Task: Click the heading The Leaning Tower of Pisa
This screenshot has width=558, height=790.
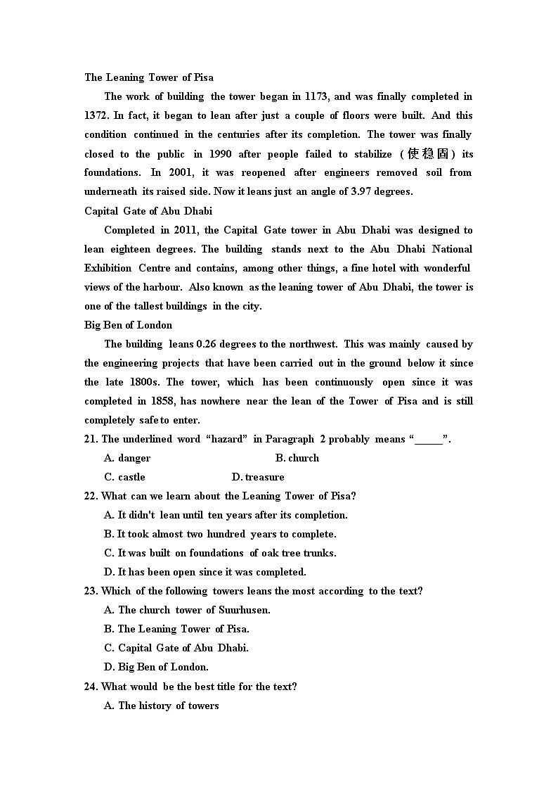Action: (149, 77)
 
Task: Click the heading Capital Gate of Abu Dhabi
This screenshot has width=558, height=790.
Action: (148, 210)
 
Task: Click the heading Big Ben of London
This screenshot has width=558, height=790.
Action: (128, 325)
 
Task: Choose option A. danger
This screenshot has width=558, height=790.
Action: (127, 458)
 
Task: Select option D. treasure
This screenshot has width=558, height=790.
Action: (258, 477)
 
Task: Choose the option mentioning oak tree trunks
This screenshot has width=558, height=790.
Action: (220, 553)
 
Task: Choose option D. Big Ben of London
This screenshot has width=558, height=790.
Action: (156, 667)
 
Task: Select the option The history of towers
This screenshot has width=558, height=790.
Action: (162, 706)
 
